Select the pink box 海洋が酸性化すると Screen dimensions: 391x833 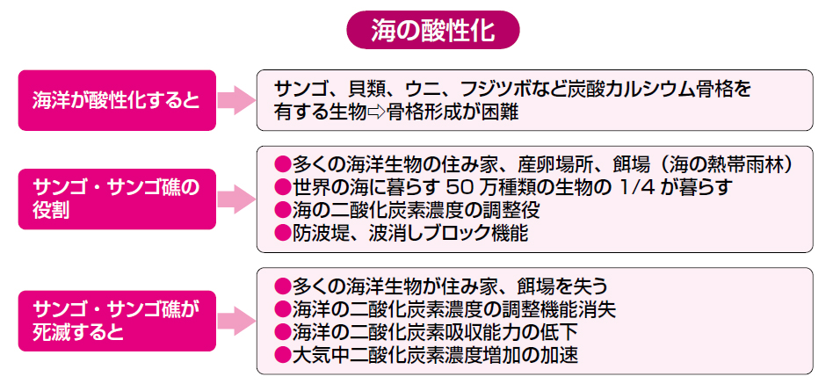click(117, 100)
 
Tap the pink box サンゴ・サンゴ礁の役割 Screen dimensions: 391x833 click(117, 199)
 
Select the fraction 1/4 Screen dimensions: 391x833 click(646, 187)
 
